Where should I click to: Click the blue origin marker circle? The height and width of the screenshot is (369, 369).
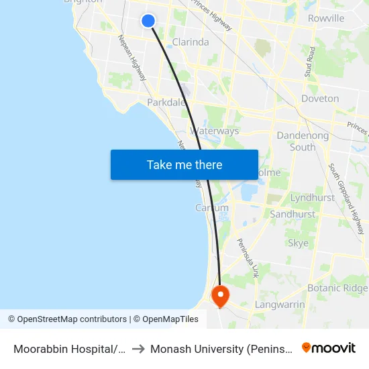tap(149, 21)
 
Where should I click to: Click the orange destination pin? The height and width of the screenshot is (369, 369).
tap(220, 295)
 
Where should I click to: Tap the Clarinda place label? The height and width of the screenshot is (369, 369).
tap(191, 42)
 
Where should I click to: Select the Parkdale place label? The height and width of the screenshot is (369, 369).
tap(166, 103)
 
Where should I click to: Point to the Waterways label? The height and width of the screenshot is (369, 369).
tap(215, 131)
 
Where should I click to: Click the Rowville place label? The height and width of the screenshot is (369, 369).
tap(326, 18)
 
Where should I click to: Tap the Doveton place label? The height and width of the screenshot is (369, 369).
tap(320, 99)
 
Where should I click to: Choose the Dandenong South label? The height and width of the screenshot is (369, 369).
tap(303, 141)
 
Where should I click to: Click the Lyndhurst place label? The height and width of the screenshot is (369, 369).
tap(313, 198)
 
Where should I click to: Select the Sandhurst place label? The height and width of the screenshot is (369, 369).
tap(293, 214)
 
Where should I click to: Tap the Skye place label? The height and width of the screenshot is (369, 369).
tap(298, 242)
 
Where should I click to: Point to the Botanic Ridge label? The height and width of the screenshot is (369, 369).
tap(337, 288)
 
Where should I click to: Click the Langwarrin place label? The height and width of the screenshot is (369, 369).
tap(280, 305)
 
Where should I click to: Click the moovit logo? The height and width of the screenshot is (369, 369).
tap(329, 348)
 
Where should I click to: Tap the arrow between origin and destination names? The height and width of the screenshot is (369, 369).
tap(137, 349)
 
